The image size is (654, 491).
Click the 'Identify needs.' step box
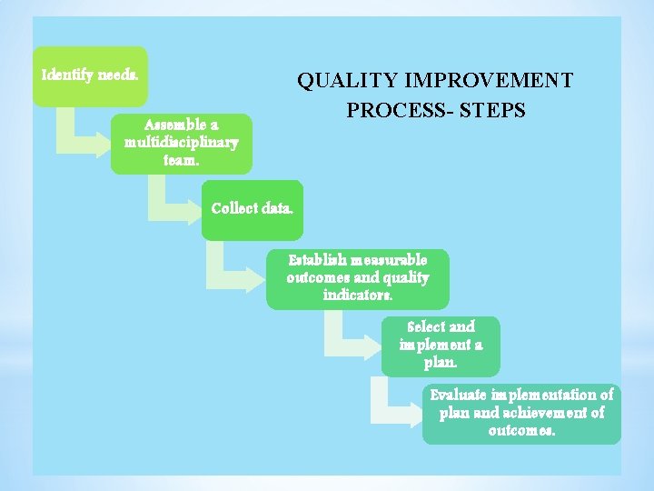point(91,75)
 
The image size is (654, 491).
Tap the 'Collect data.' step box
point(252,209)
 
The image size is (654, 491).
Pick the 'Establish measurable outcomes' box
point(358,278)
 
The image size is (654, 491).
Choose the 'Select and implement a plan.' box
point(441,345)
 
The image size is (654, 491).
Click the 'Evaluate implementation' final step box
point(521,413)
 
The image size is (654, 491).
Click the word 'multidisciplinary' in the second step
point(182,143)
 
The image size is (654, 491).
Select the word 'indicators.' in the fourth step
point(358,296)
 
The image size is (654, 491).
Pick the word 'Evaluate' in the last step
point(458,396)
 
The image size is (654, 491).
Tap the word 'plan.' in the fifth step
point(441,363)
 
